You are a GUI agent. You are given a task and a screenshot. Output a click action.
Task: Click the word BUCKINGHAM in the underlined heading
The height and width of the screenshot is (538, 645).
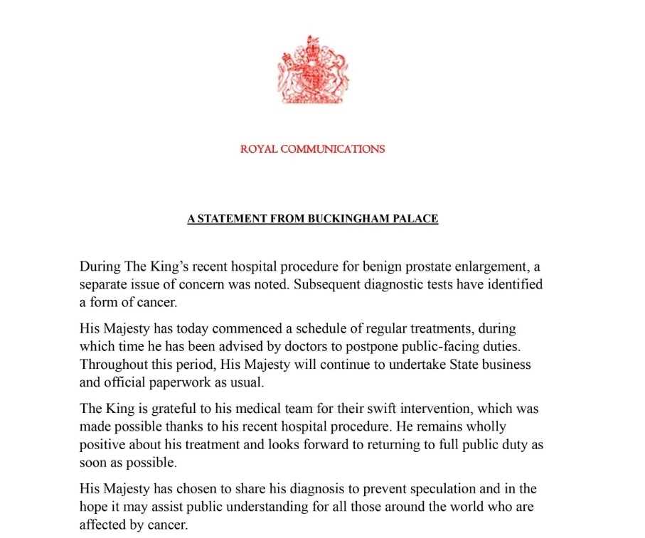[348, 219]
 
